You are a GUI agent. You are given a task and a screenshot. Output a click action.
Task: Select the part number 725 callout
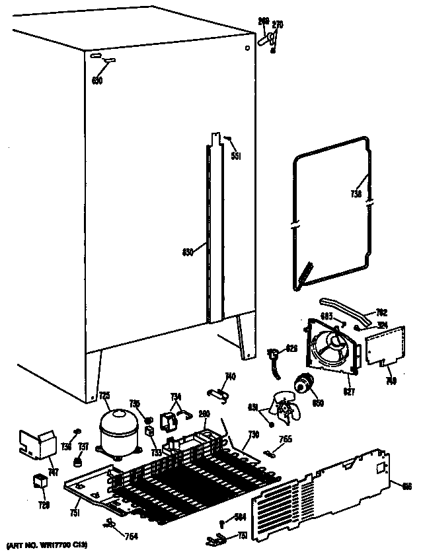click(x=104, y=396)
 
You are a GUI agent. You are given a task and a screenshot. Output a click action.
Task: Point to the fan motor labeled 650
click(x=305, y=382)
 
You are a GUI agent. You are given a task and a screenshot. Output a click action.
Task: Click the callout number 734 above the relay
click(x=176, y=396)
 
